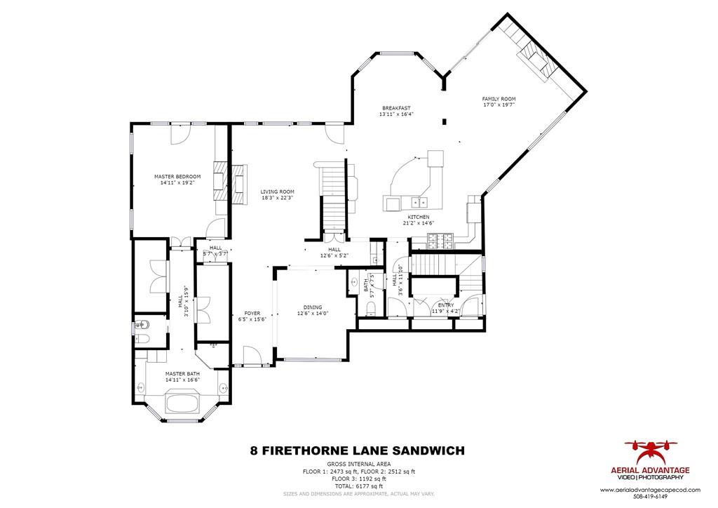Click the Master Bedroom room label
coord(177,176)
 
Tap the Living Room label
coord(277,192)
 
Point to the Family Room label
coord(499,99)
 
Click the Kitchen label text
coord(418,218)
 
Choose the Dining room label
coord(312,307)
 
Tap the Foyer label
coord(252,313)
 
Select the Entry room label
coord(445,305)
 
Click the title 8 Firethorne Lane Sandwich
coord(357,450)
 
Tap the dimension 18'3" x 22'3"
coord(277,198)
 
